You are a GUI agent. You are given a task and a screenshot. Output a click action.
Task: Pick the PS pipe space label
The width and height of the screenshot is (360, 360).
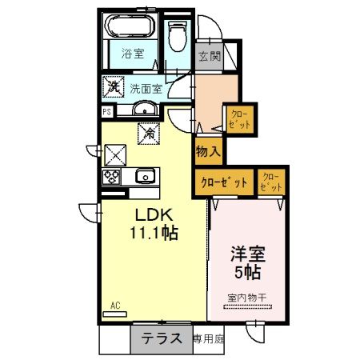pos(106,112)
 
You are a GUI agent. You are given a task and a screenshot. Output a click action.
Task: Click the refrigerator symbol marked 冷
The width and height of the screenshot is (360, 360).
pos(148,134)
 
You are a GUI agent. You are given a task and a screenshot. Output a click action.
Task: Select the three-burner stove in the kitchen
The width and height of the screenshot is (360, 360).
pos(110,177)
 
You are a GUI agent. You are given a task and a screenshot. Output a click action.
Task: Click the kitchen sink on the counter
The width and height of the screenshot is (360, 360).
pos(144,177)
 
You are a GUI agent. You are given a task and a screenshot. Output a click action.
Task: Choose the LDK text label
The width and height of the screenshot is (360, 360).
pos(150,216)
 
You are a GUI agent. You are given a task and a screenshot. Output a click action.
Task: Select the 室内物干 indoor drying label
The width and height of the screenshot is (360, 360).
pos(247,298)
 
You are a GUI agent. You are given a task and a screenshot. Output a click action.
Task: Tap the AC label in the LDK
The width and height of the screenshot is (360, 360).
pos(115,305)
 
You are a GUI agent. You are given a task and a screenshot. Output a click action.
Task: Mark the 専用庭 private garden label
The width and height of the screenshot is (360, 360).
pos(209,339)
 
